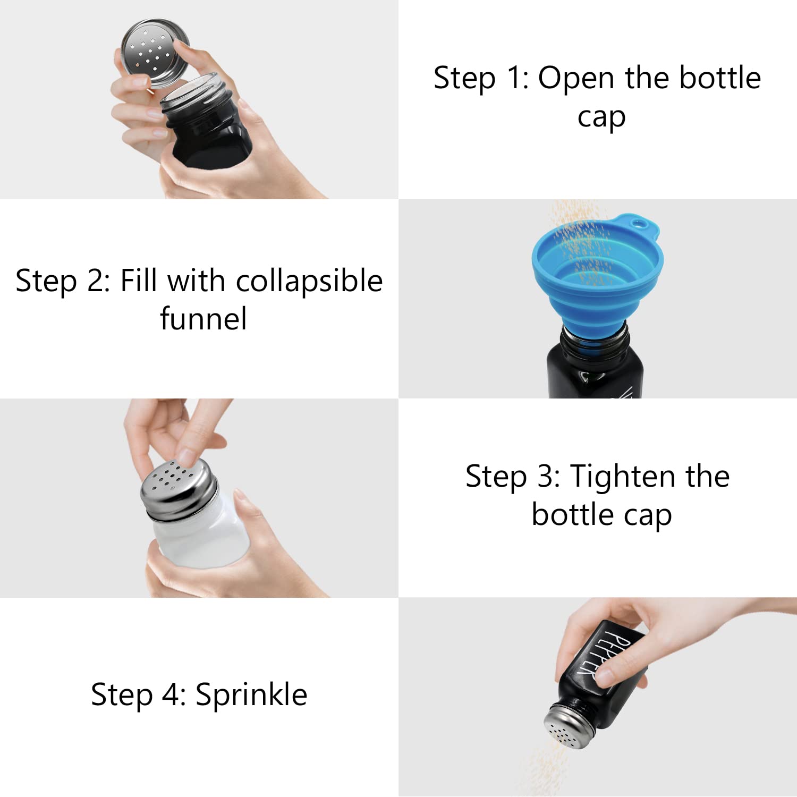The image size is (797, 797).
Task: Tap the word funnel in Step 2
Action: (204, 318)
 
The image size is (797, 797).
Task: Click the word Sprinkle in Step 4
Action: (251, 695)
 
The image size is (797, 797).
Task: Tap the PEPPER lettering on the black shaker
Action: (603, 650)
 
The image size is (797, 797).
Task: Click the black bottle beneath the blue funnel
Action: (595, 364)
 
